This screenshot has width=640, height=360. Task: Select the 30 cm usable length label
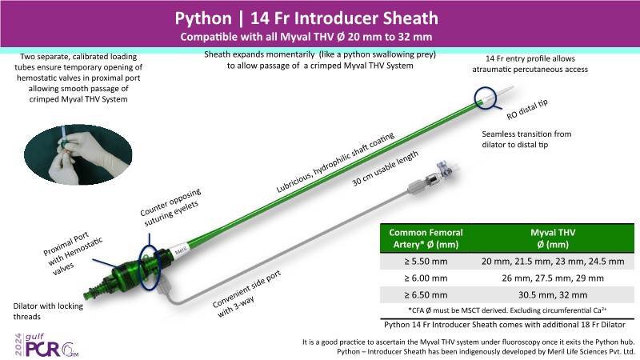pos(386,170)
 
